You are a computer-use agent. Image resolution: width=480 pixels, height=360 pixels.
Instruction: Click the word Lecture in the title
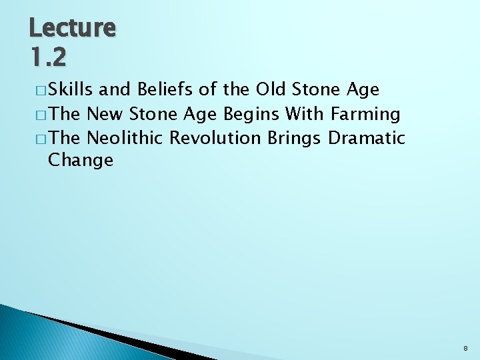[72, 28]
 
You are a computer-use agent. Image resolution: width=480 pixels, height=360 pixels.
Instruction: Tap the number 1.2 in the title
[47, 59]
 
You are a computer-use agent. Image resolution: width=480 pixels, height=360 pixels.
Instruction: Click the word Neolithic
[125, 138]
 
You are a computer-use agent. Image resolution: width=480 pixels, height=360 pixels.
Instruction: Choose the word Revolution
[215, 138]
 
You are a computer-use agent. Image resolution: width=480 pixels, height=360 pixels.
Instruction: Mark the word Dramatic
[367, 138]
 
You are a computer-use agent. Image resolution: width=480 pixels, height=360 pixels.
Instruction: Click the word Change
[81, 161]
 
